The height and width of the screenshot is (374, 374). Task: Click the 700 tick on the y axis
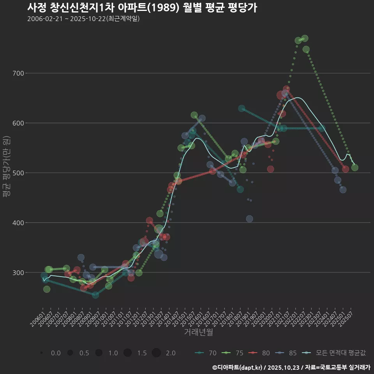point(19,73)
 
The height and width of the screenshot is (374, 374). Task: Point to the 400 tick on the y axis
point(19,223)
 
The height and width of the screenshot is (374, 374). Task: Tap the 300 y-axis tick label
point(19,273)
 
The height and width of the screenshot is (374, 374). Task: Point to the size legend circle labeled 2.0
point(156,353)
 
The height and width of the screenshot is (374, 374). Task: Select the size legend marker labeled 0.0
point(41,353)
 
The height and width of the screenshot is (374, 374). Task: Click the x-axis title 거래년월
point(198,332)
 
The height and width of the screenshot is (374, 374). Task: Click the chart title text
point(142,7)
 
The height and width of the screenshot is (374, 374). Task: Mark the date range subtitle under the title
point(83,19)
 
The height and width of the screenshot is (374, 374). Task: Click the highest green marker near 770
point(305,38)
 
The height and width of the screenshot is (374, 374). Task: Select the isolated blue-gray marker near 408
point(249,219)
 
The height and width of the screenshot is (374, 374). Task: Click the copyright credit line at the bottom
point(291,367)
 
